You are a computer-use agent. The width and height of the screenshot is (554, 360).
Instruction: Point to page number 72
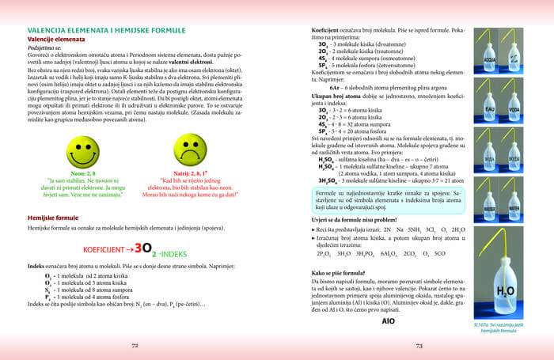point(135,345)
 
